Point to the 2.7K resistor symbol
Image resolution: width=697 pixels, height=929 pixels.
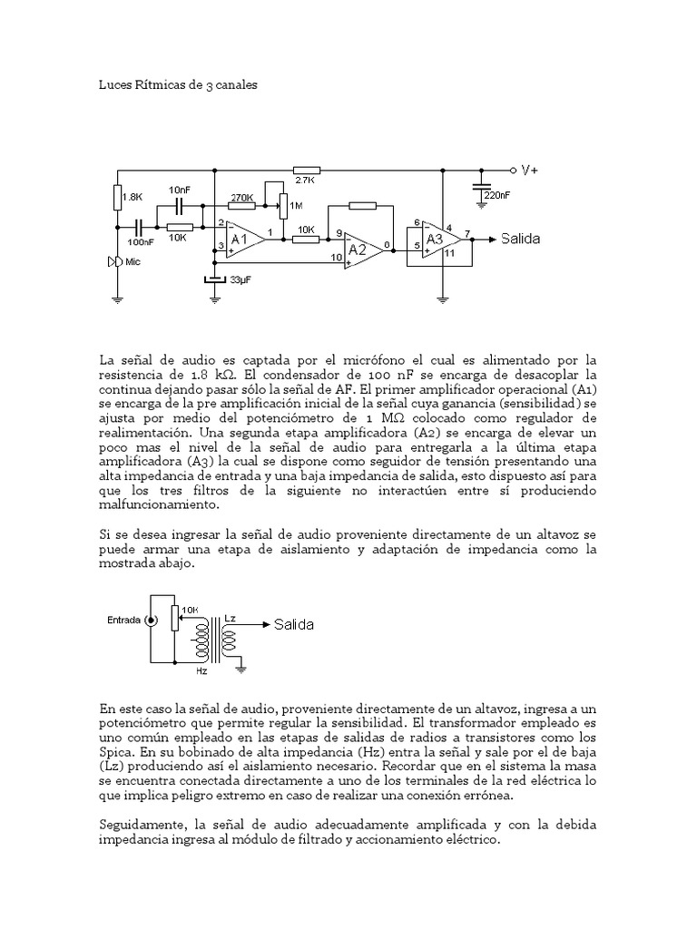[x=307, y=170]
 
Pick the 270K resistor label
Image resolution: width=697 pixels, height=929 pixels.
[x=241, y=197]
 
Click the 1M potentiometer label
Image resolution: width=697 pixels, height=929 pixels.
[x=295, y=206]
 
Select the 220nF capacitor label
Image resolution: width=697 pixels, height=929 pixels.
[x=496, y=195]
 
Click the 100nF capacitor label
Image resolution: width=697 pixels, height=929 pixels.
[x=140, y=242]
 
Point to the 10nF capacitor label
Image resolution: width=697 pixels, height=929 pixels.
[x=180, y=190]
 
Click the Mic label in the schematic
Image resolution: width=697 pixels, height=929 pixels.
[x=133, y=261]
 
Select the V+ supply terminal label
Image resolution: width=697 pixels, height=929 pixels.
[x=529, y=170]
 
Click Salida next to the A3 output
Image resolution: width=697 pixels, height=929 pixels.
[x=520, y=239]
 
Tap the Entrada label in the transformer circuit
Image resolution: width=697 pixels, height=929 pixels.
[x=123, y=621]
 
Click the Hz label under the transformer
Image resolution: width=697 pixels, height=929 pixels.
[x=201, y=672]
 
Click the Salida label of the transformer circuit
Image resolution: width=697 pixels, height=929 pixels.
[x=294, y=625]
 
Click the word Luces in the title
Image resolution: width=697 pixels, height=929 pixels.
[x=113, y=84]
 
